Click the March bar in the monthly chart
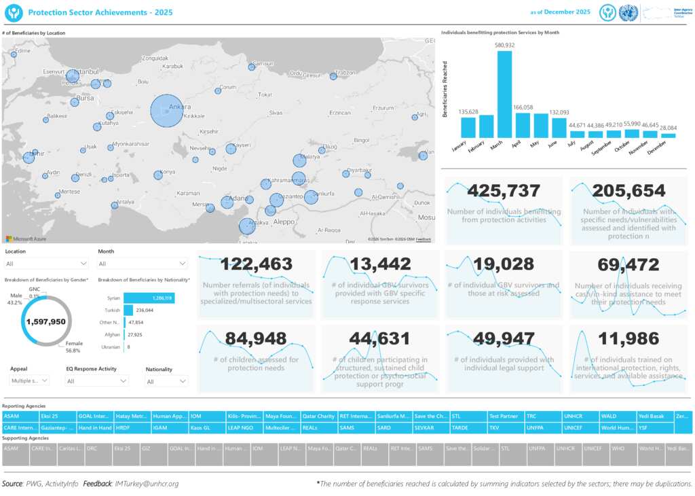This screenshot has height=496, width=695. [x=504, y=94]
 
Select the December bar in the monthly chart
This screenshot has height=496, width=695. [x=669, y=136]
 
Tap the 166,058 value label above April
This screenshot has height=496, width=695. [x=523, y=107]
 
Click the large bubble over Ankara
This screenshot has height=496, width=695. [x=167, y=111]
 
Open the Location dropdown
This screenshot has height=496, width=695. [x=46, y=264]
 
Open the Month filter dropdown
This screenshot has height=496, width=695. [x=143, y=264]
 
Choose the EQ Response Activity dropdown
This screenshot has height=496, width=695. [x=97, y=381]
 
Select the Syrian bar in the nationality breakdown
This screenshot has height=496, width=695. [x=149, y=298]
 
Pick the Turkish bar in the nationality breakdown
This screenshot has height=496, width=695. [x=128, y=310]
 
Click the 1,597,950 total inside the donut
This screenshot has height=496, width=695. [x=46, y=321]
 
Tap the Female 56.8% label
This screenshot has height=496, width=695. [x=74, y=347]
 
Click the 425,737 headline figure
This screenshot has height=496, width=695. [x=504, y=191]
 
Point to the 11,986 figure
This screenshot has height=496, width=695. [x=628, y=338]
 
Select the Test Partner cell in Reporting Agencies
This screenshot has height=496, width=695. [x=504, y=416]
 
